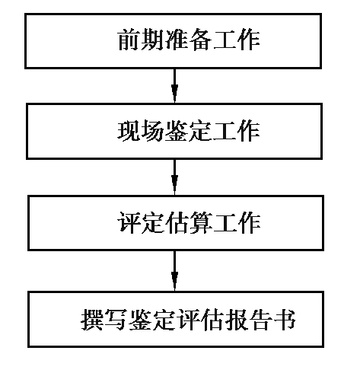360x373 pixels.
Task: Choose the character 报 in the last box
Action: click(x=237, y=320)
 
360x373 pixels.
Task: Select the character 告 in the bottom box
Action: click(x=260, y=320)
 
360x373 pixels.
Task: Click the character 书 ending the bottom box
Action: click(x=285, y=320)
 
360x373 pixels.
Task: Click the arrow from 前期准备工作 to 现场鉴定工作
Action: click(x=174, y=85)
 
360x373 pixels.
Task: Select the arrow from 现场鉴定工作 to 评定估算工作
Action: click(x=174, y=177)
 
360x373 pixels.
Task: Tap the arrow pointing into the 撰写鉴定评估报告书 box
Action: click(x=174, y=271)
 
